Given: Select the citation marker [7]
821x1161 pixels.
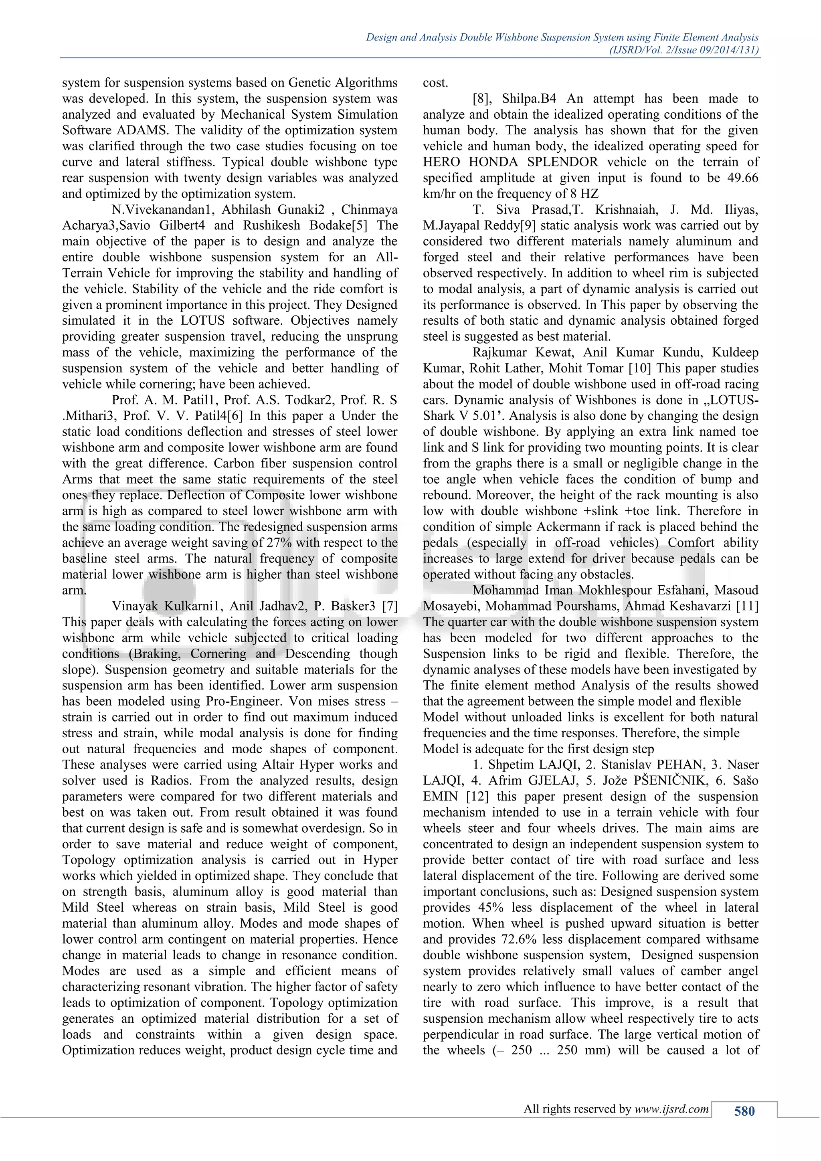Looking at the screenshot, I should tap(390, 606).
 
